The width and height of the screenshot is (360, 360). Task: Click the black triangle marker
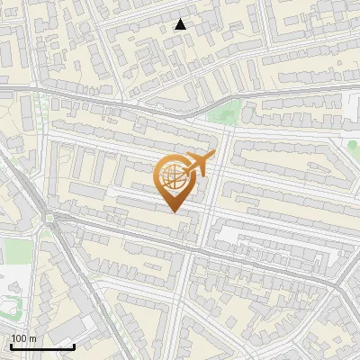click(181, 24)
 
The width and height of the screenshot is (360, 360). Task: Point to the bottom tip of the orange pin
click(173, 212)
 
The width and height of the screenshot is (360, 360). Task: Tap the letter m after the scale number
click(33, 338)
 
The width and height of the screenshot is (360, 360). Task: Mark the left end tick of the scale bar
click(10, 346)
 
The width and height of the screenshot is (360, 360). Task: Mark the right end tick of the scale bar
click(75, 346)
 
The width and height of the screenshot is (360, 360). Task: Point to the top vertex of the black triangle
click(181, 19)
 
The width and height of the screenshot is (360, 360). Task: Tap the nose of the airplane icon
click(211, 157)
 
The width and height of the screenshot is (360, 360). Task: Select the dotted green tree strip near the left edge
click(40, 112)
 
